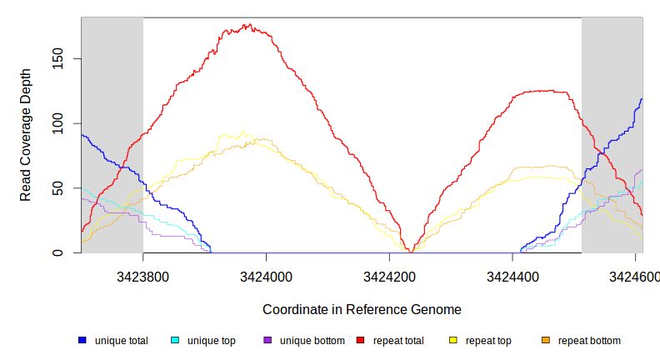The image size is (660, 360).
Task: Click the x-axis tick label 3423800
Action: (143, 276)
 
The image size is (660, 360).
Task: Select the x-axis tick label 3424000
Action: (266, 276)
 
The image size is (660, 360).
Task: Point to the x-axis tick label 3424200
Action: (389, 276)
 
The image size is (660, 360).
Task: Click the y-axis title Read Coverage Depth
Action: (26, 136)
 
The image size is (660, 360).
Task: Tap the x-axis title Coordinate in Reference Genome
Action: (362, 309)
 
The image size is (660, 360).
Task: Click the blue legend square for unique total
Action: (82, 340)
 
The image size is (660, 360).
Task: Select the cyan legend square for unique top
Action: (175, 340)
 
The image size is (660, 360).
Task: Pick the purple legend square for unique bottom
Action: (267, 340)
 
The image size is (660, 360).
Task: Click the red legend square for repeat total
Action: (360, 340)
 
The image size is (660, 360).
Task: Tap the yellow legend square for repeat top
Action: (453, 340)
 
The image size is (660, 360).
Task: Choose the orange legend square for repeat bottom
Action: (546, 340)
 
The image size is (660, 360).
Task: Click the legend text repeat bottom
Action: (589, 340)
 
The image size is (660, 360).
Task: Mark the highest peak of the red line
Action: (248, 25)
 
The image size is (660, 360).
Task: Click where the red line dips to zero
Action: (410, 252)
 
